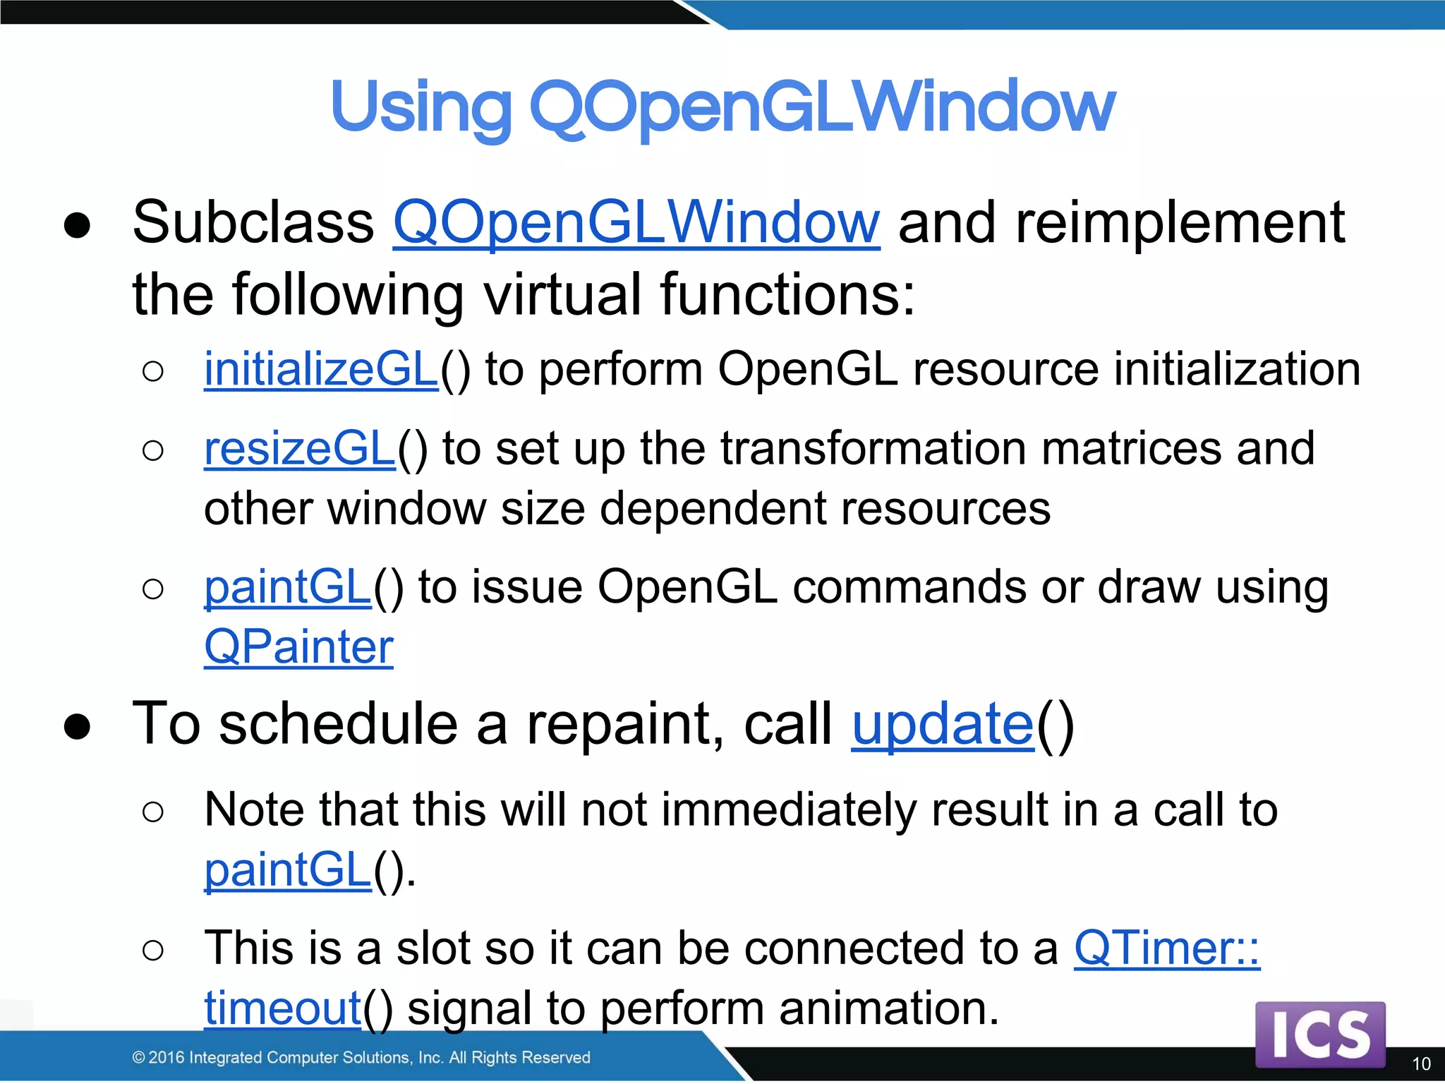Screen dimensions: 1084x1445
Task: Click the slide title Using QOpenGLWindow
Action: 722,107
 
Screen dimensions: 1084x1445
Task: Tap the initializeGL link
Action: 321,369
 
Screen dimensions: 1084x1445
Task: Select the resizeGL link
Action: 299,449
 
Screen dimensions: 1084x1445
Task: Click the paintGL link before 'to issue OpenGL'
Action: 287,587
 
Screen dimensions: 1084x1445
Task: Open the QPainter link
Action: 298,647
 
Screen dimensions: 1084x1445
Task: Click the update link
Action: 942,725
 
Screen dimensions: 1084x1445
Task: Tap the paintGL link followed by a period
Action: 287,869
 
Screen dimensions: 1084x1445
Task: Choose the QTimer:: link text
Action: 1166,948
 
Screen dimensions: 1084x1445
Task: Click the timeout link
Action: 282,1008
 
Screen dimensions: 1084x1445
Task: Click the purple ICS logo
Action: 1320,1034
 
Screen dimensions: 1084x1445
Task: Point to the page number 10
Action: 1421,1064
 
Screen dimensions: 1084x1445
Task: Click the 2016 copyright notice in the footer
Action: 361,1057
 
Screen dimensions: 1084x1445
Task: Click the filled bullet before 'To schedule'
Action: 77,726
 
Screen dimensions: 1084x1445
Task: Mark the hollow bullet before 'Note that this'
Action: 152,812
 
